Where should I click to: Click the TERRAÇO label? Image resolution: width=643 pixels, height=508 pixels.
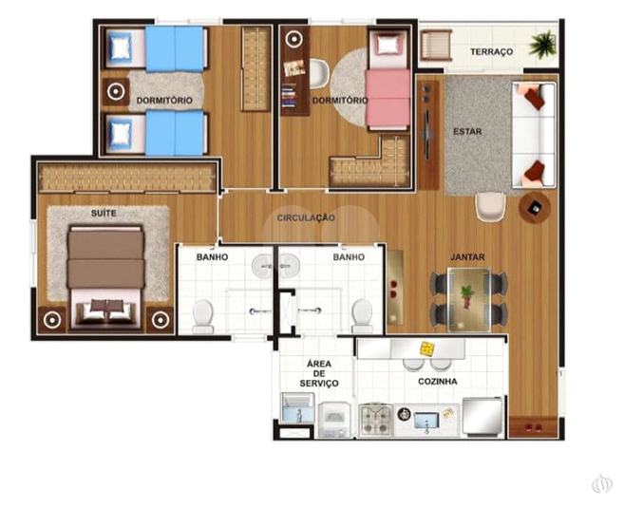(491, 51)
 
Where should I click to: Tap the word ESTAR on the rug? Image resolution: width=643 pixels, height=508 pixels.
(467, 132)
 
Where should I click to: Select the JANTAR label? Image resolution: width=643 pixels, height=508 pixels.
(467, 257)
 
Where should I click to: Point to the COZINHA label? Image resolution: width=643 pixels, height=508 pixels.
(438, 382)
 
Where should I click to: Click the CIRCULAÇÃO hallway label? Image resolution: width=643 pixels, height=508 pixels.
(306, 217)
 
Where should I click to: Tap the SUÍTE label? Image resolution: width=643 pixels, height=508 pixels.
(104, 213)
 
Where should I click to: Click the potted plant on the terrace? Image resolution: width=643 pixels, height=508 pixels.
(542, 44)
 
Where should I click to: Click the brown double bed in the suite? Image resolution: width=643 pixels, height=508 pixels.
(106, 277)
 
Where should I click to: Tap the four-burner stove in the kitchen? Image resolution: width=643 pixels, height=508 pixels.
(375, 420)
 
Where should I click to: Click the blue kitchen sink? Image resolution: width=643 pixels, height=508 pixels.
(426, 421)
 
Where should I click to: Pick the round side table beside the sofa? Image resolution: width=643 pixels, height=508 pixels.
(535, 208)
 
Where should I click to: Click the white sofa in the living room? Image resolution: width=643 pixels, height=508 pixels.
(533, 135)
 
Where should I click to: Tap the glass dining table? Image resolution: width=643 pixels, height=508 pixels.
(468, 299)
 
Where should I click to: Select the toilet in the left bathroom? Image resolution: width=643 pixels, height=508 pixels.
(203, 316)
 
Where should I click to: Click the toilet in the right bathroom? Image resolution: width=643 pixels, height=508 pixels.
(362, 315)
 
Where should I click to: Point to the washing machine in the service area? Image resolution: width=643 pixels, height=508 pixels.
(335, 419)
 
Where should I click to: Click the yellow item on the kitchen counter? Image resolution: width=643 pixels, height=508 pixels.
(426, 348)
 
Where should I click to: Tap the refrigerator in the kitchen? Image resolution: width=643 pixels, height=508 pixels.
(482, 415)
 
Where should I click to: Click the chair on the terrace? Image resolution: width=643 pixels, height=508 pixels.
(436, 45)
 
